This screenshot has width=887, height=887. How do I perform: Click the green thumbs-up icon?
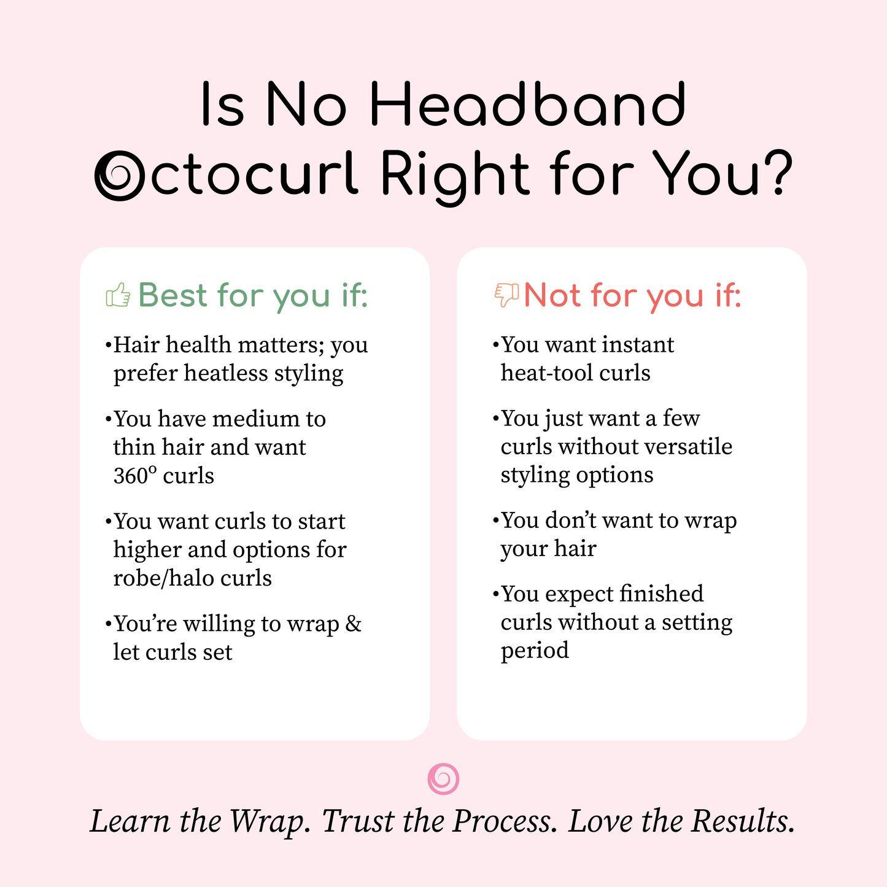point(118,295)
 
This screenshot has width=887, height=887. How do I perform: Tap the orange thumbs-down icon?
point(506,295)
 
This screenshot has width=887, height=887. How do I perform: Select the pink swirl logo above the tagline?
point(443,779)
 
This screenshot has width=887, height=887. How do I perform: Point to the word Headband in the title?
point(527,106)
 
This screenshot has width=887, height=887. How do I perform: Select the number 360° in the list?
point(135,476)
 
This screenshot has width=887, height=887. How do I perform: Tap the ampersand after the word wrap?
point(354,624)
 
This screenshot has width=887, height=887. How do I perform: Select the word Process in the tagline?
point(505,821)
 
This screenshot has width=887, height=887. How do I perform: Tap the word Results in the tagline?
point(742,821)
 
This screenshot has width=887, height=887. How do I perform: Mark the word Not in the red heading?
point(552,295)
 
